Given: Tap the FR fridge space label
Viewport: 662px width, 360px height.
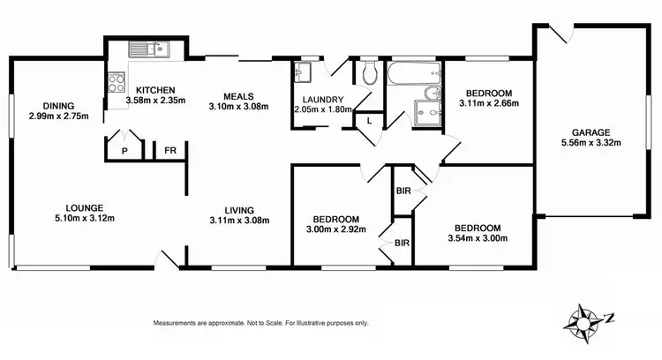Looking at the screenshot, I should pyautogui.click(x=169, y=152).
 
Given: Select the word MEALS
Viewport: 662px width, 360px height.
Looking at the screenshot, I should pyautogui.click(x=238, y=95).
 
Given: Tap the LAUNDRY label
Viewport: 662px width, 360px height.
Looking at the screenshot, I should pyautogui.click(x=321, y=99).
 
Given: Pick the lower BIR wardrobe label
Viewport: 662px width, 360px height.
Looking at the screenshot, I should pyautogui.click(x=402, y=242).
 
